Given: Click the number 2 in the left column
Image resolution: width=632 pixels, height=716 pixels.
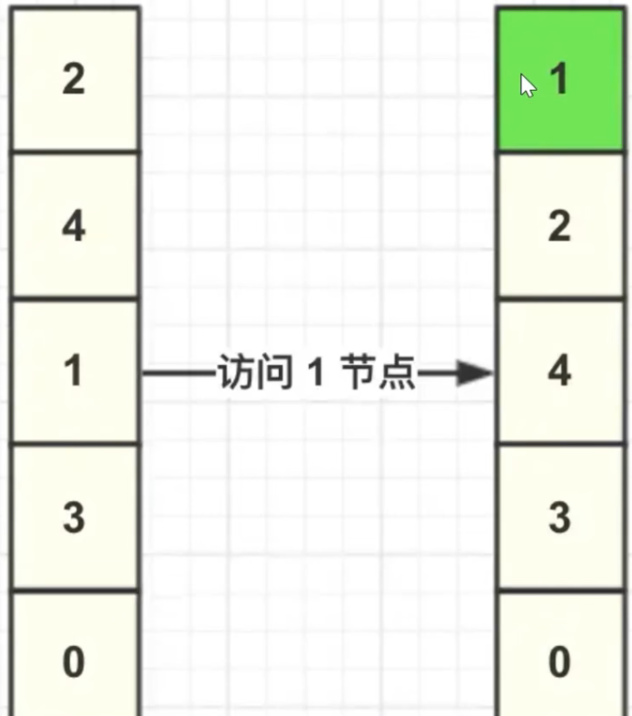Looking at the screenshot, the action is (74, 80).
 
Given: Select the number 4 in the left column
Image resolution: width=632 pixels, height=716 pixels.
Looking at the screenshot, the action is (74, 226).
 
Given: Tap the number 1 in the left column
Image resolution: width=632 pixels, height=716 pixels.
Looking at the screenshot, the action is (74, 372).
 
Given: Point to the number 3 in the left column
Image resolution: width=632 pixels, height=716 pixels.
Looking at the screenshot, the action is (74, 518).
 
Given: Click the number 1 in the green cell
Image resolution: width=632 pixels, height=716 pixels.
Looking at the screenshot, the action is (559, 80).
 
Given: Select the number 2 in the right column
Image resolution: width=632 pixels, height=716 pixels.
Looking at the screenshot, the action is (559, 226).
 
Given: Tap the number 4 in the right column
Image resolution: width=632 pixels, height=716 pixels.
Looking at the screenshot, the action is (559, 372).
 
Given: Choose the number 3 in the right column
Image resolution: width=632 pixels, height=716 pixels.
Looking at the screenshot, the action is (559, 518).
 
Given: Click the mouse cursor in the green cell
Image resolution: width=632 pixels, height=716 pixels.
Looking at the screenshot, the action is (528, 84).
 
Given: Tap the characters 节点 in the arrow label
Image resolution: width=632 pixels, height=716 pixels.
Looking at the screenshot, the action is (378, 372).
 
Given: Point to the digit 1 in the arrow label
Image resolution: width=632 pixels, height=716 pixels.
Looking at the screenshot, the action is (314, 372).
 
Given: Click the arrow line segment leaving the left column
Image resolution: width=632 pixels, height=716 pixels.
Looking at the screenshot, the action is (177, 372).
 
